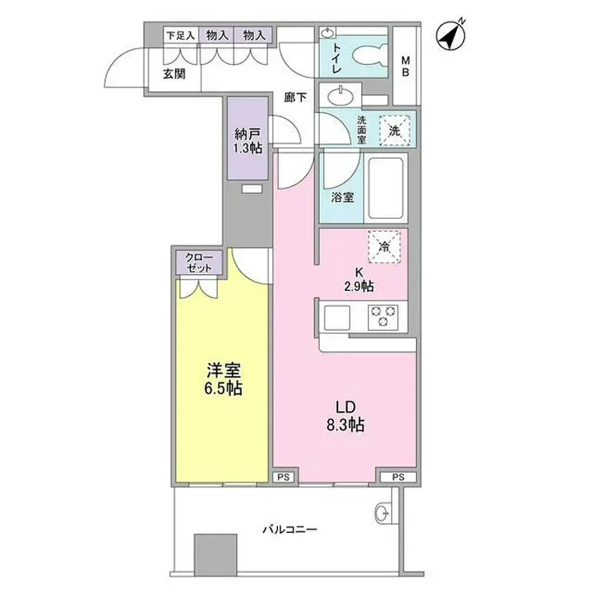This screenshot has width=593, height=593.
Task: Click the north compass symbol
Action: pos(453,35)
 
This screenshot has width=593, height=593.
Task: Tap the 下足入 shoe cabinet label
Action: pos(180,35)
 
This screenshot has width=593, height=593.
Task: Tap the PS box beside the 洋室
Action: pos(282,476)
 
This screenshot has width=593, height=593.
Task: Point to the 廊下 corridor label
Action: pos(296,99)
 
